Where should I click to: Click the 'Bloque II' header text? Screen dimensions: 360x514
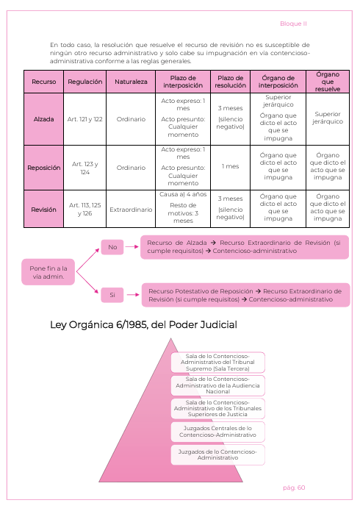pos(293,24)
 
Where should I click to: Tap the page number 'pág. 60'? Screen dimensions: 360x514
pos(294,488)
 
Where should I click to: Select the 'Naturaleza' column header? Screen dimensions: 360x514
pos(131,82)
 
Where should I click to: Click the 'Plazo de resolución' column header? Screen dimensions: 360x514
pos(230,82)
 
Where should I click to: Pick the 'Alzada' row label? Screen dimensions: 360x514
pos(43,119)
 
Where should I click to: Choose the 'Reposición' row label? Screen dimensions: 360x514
pos(43,168)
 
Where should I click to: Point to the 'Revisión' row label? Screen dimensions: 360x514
pos(43,210)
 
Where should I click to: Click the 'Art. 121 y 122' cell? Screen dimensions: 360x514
pos(84,119)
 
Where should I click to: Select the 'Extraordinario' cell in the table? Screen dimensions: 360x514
pos(131,210)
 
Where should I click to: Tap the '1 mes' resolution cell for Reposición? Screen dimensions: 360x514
pos(230,166)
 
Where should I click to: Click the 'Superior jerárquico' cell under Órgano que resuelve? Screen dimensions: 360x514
pos(328,118)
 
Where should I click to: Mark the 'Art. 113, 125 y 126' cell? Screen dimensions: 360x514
pos(84,209)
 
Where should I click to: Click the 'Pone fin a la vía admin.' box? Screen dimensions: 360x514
pos(48,272)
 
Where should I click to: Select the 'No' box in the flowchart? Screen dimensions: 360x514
pos(112,247)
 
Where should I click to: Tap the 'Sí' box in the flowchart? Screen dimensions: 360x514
pos(112,295)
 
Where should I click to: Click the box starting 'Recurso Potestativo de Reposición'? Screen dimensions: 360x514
pos(245,295)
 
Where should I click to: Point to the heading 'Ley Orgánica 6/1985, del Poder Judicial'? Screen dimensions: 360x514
pos(143,324)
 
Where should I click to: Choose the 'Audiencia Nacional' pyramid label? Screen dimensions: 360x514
pos(217,385)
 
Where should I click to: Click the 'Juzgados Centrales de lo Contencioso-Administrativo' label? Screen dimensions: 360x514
pos(217,432)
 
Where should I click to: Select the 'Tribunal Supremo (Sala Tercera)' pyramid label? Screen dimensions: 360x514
pos(217,363)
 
